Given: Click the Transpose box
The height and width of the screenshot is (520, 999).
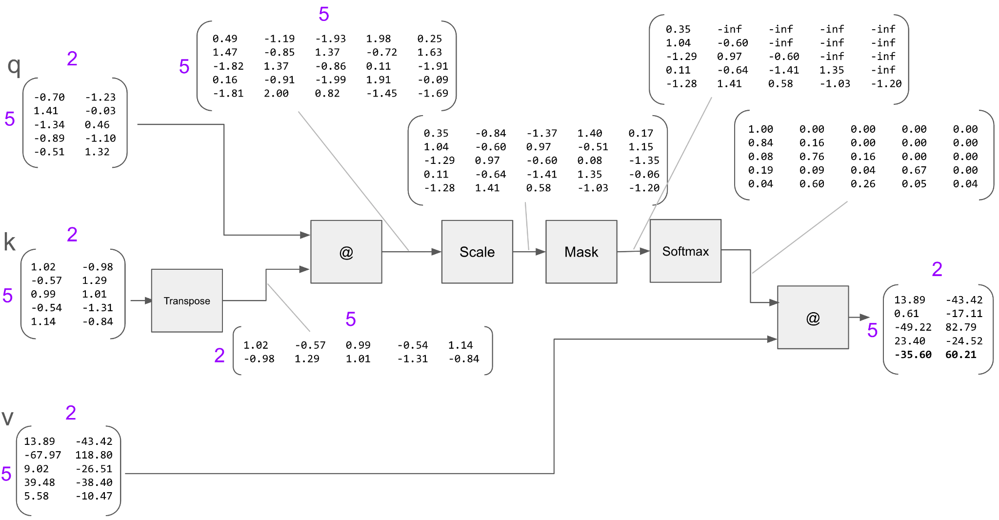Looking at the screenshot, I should [x=187, y=300].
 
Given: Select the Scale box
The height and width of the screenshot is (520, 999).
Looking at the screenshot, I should [x=477, y=252].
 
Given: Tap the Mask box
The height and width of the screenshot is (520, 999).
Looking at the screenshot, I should [x=581, y=252].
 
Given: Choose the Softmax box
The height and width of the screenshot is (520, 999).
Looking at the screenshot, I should [x=685, y=251].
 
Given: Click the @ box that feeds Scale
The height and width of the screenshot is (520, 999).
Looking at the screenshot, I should [x=346, y=252].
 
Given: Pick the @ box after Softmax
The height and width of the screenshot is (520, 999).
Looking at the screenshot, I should [x=813, y=318].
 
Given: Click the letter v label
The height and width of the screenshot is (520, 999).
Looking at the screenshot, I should [x=8, y=418].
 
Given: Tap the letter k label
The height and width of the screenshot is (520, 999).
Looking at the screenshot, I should [x=10, y=242].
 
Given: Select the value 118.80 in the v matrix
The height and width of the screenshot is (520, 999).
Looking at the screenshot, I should [x=94, y=455].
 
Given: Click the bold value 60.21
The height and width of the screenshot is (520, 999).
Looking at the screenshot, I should [x=960, y=355].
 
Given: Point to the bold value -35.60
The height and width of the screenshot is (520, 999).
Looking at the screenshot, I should [x=913, y=355].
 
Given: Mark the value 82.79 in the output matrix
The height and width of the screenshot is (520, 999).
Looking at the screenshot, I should [x=960, y=327].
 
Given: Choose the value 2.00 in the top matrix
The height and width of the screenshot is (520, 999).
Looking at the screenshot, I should [x=276, y=93].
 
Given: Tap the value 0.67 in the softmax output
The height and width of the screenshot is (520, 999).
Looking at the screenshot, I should [x=914, y=170].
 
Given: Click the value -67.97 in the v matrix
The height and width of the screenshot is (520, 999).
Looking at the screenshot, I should [x=43, y=455].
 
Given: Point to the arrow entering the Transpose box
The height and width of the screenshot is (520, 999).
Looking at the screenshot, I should [x=141, y=300].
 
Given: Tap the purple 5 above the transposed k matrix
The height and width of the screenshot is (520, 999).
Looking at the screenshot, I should [x=351, y=319].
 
